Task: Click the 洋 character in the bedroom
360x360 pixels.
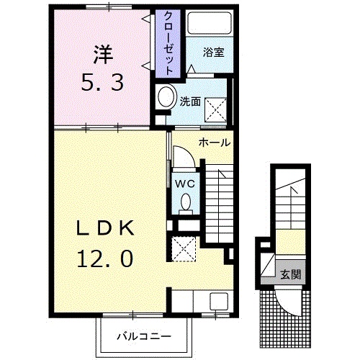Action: coord(103,55)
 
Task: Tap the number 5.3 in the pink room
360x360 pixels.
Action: coord(102,82)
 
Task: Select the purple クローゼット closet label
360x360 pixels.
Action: coord(168,43)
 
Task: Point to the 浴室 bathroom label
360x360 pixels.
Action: coord(213,53)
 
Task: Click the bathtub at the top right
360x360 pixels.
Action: coord(210,23)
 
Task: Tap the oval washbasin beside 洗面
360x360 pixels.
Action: coord(166,96)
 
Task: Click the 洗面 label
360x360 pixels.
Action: coord(190,102)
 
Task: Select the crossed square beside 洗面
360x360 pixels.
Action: coord(216,109)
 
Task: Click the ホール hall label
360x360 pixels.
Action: coord(215,143)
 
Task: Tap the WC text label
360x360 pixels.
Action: coord(184,184)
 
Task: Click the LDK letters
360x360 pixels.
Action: coord(105,228)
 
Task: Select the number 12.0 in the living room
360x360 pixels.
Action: coord(105,258)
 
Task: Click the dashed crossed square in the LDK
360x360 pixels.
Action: coord(184,249)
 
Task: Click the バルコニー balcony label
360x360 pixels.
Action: coord(144,336)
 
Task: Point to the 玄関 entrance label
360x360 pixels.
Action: coord(291,274)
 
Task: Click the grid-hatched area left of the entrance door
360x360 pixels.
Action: coord(268,319)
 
